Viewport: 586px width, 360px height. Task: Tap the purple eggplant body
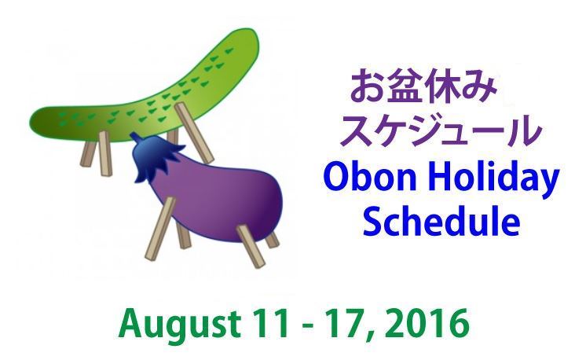(221, 202)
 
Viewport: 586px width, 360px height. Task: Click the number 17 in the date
(347, 322)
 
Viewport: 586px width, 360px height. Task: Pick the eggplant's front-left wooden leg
(160, 229)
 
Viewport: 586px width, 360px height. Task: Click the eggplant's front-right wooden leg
(251, 246)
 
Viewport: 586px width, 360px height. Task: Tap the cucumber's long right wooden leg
(194, 133)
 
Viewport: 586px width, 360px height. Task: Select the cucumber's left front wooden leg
(104, 153)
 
